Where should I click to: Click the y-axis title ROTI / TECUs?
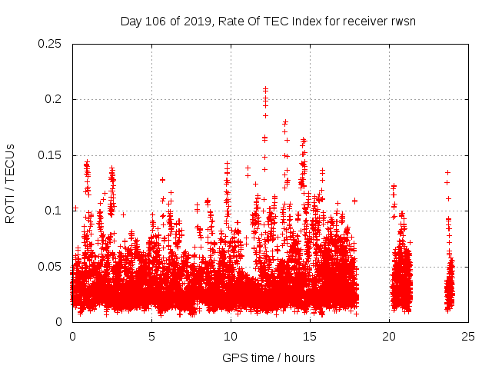10,183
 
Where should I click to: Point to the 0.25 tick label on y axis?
50,44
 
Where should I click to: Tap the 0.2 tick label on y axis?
54,99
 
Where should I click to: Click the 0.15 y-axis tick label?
50,155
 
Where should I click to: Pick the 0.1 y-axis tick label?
54,211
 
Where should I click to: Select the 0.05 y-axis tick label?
50,266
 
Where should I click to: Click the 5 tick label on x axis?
151,337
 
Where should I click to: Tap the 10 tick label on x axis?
231,337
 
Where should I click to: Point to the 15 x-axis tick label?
310,337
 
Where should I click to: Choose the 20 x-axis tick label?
389,337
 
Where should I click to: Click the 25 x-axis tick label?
468,337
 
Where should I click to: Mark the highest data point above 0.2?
265,89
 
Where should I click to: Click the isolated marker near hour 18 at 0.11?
354,201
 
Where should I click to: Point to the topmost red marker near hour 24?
447,172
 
